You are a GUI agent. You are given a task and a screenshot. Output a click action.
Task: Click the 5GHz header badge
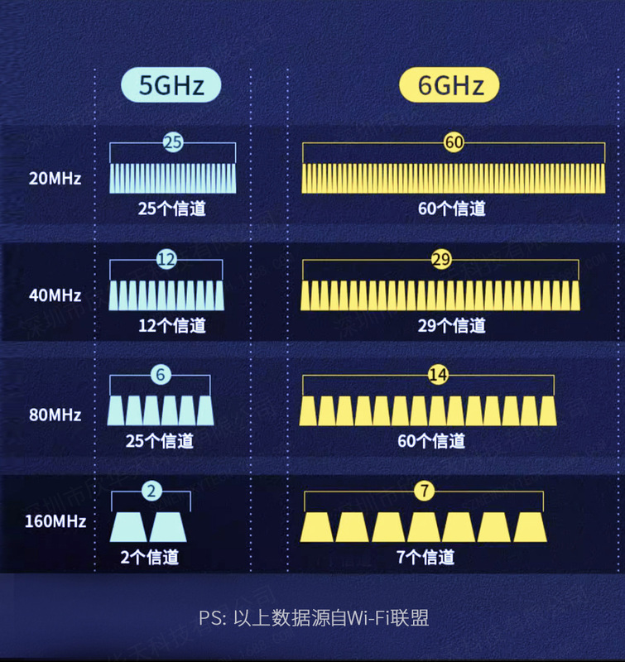(173, 84)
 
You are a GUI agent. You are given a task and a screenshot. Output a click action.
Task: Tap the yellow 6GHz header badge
(451, 84)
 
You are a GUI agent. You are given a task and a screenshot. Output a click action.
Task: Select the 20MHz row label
(55, 177)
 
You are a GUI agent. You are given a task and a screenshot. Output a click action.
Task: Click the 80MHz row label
(55, 414)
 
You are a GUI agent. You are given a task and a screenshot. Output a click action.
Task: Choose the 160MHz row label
(55, 521)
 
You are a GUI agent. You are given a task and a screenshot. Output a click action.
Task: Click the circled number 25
(173, 142)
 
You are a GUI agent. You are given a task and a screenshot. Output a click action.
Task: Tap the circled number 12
(166, 260)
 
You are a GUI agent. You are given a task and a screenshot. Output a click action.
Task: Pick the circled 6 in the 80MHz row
(161, 375)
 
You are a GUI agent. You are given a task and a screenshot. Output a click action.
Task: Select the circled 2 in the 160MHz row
(150, 492)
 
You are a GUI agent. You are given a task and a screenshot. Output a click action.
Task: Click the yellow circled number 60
(454, 142)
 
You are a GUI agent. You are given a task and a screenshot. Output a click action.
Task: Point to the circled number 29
(441, 260)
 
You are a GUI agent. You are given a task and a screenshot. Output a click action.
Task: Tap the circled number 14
(438, 375)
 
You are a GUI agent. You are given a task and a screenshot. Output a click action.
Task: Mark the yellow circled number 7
(425, 492)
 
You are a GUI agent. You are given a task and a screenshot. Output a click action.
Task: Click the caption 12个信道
(172, 325)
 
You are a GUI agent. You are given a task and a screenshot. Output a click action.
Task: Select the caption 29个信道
(452, 325)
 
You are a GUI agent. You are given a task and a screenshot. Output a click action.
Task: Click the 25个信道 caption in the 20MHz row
(172, 208)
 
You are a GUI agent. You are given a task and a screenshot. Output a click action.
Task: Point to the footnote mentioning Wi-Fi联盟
(313, 618)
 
